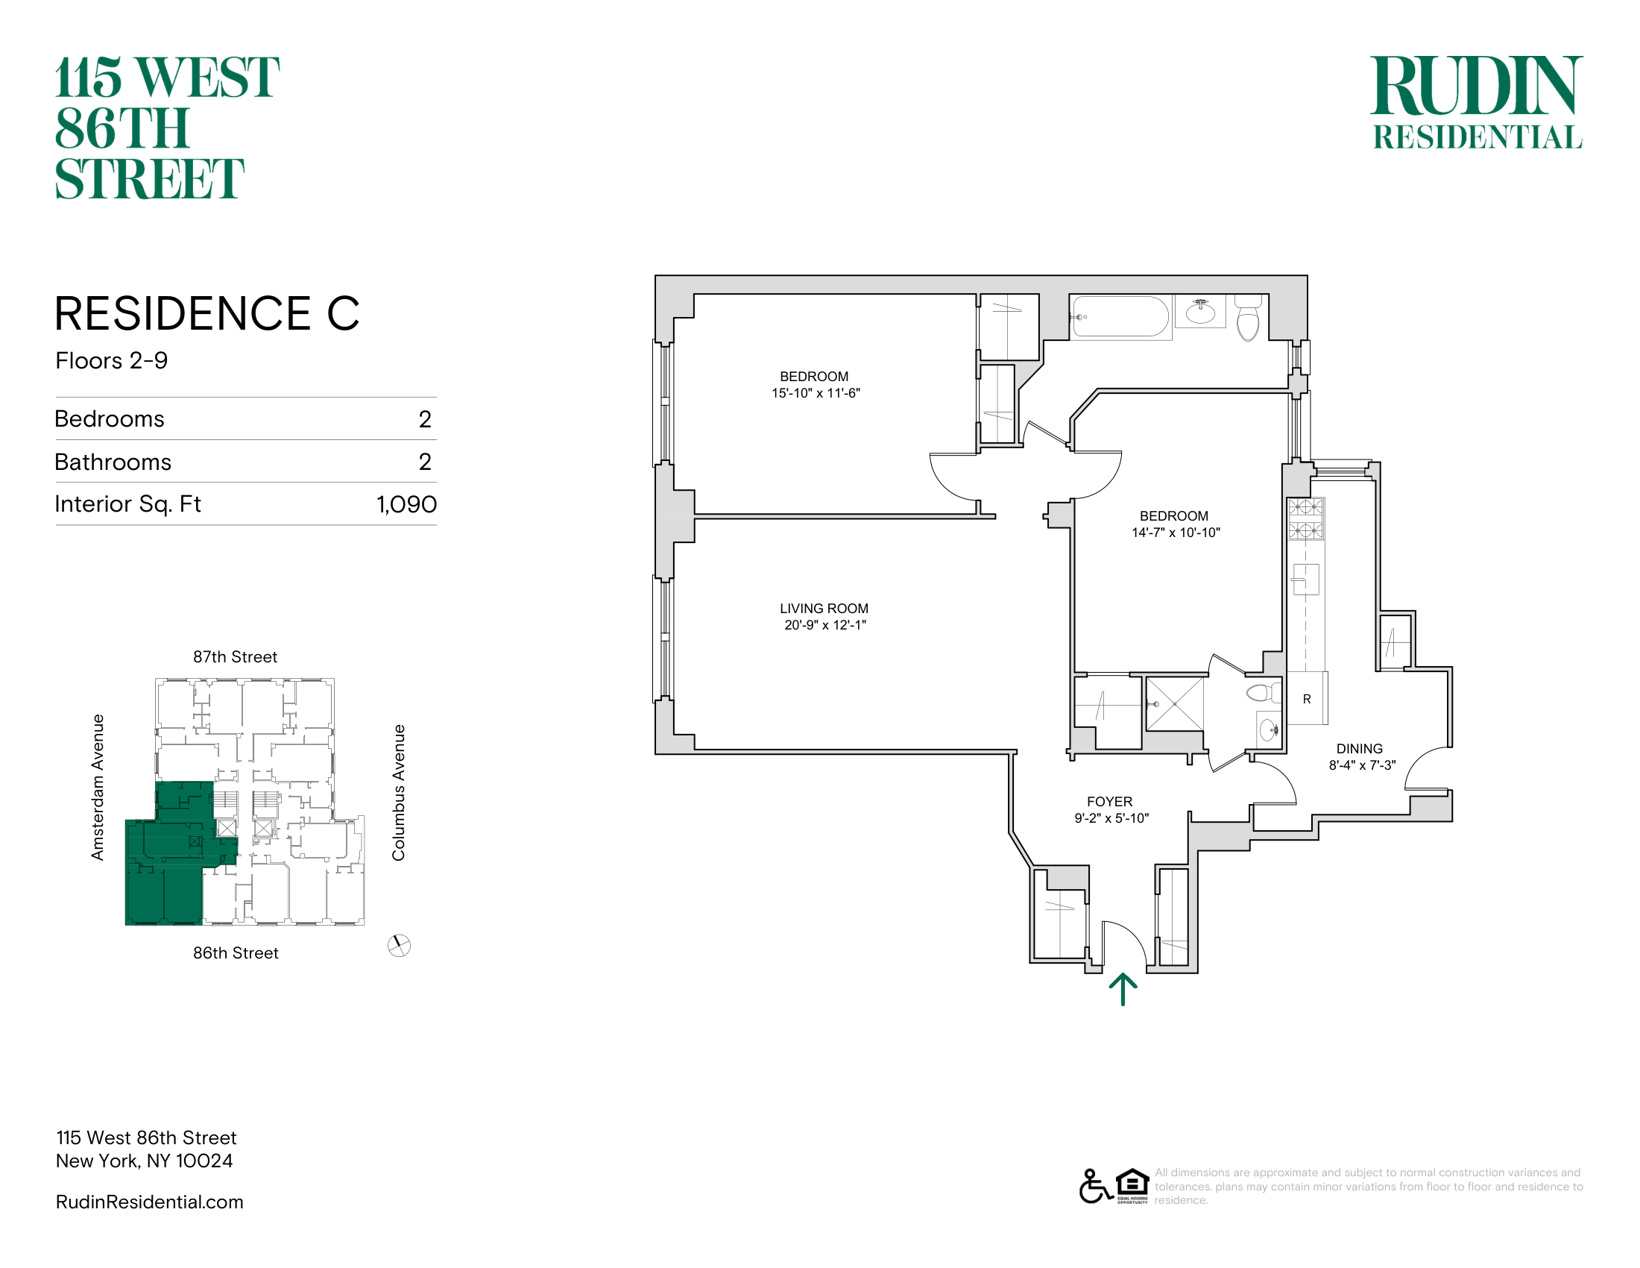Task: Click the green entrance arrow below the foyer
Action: coord(1123,988)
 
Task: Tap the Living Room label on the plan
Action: coord(824,609)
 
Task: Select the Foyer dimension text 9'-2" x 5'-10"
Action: coord(1111,818)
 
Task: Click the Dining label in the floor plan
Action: coord(1359,749)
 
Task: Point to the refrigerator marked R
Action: coord(1307,699)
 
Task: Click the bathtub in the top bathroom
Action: coord(1120,317)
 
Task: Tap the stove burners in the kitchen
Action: coord(1306,519)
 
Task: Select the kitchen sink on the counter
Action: coord(1305,579)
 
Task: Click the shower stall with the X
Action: coord(1174,704)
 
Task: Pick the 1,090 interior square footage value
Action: coord(406,504)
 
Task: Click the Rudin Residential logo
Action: coord(1476,102)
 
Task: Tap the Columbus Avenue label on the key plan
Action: coord(399,792)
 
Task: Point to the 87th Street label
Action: coord(235,657)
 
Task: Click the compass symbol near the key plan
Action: coord(399,946)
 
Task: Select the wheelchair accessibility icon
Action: coord(1095,1187)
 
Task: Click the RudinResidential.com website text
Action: coord(149,1202)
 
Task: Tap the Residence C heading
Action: coord(207,313)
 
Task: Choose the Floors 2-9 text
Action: coord(111,361)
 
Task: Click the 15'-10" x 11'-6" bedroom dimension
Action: coord(816,393)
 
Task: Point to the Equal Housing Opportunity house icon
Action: coord(1132,1184)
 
